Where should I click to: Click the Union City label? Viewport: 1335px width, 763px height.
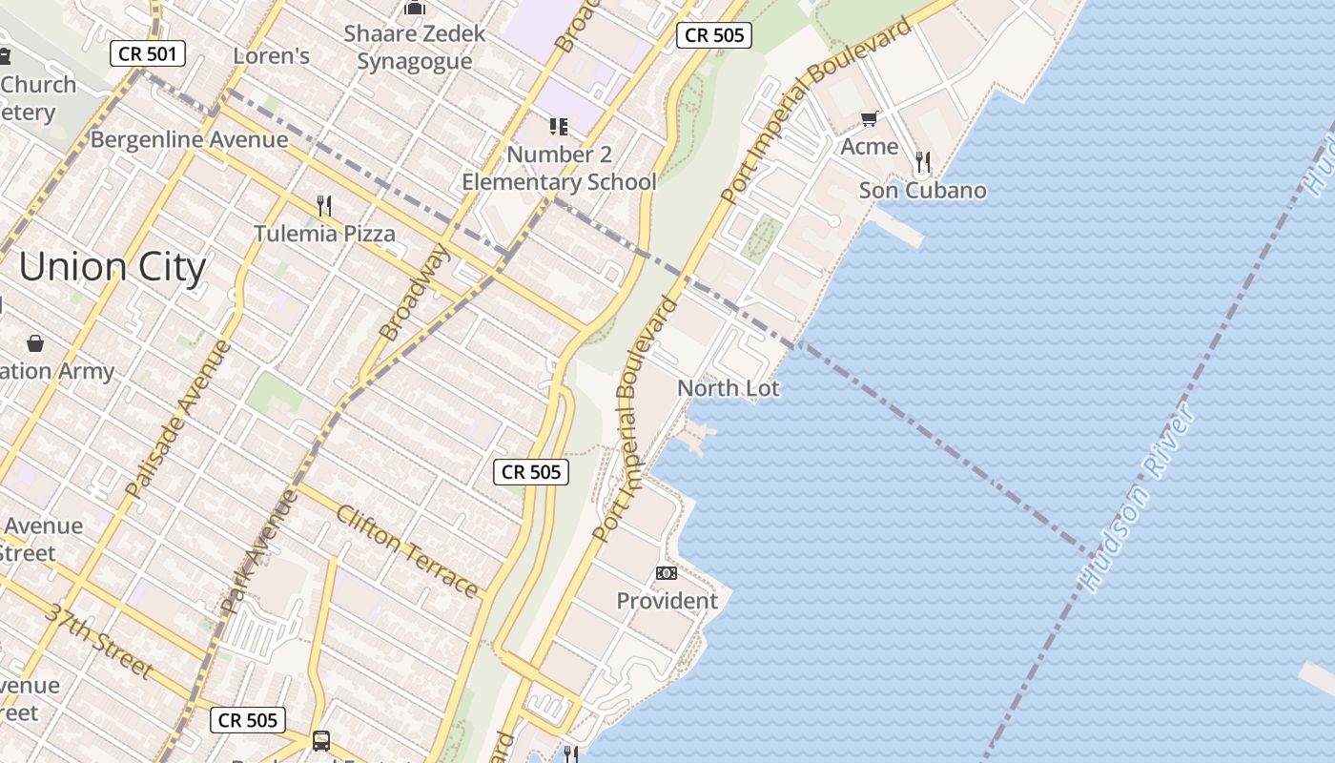112,268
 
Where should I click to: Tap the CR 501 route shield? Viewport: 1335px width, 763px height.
147,53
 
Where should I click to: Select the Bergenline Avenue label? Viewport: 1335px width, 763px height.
189,140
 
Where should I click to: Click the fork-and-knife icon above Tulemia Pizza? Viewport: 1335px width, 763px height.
324,204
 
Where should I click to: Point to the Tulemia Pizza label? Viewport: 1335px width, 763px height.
324,234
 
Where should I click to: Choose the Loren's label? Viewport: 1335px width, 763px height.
272,56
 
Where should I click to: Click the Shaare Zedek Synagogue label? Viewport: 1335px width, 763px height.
415,48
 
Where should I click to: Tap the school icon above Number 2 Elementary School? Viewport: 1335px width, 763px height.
559,127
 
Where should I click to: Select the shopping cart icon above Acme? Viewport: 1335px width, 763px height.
869,119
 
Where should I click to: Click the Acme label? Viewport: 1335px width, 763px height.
869,147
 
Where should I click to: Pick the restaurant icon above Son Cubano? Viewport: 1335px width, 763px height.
922,161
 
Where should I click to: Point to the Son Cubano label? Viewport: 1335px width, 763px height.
922,191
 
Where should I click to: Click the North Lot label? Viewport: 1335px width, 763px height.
728,388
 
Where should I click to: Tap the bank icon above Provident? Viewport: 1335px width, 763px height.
667,573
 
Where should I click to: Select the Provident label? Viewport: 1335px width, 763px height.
667,601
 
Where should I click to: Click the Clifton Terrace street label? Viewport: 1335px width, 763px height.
406,550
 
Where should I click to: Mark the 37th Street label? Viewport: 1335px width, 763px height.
98,641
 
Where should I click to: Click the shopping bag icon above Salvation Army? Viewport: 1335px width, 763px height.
35,342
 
